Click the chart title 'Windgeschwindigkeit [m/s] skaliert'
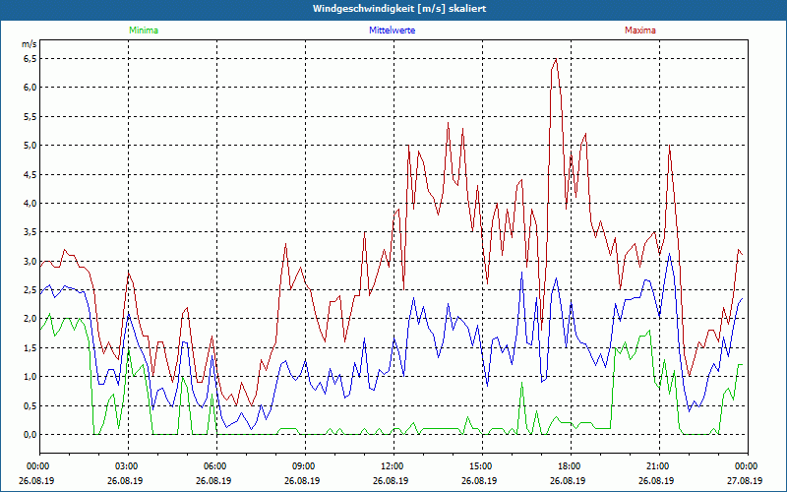pyautogui.click(x=398, y=9)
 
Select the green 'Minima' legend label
pyautogui.click(x=143, y=31)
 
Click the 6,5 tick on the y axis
pyautogui.click(x=30, y=58)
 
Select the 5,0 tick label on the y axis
pyautogui.click(x=30, y=145)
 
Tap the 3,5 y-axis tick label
pyautogui.click(x=30, y=232)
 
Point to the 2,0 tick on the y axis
pyautogui.click(x=30, y=319)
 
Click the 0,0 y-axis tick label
pyautogui.click(x=30, y=435)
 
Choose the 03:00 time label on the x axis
pyautogui.click(x=127, y=466)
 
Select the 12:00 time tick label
pyautogui.click(x=392, y=466)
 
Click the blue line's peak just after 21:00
pyautogui.click(x=670, y=253)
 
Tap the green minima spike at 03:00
pyautogui.click(x=129, y=351)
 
